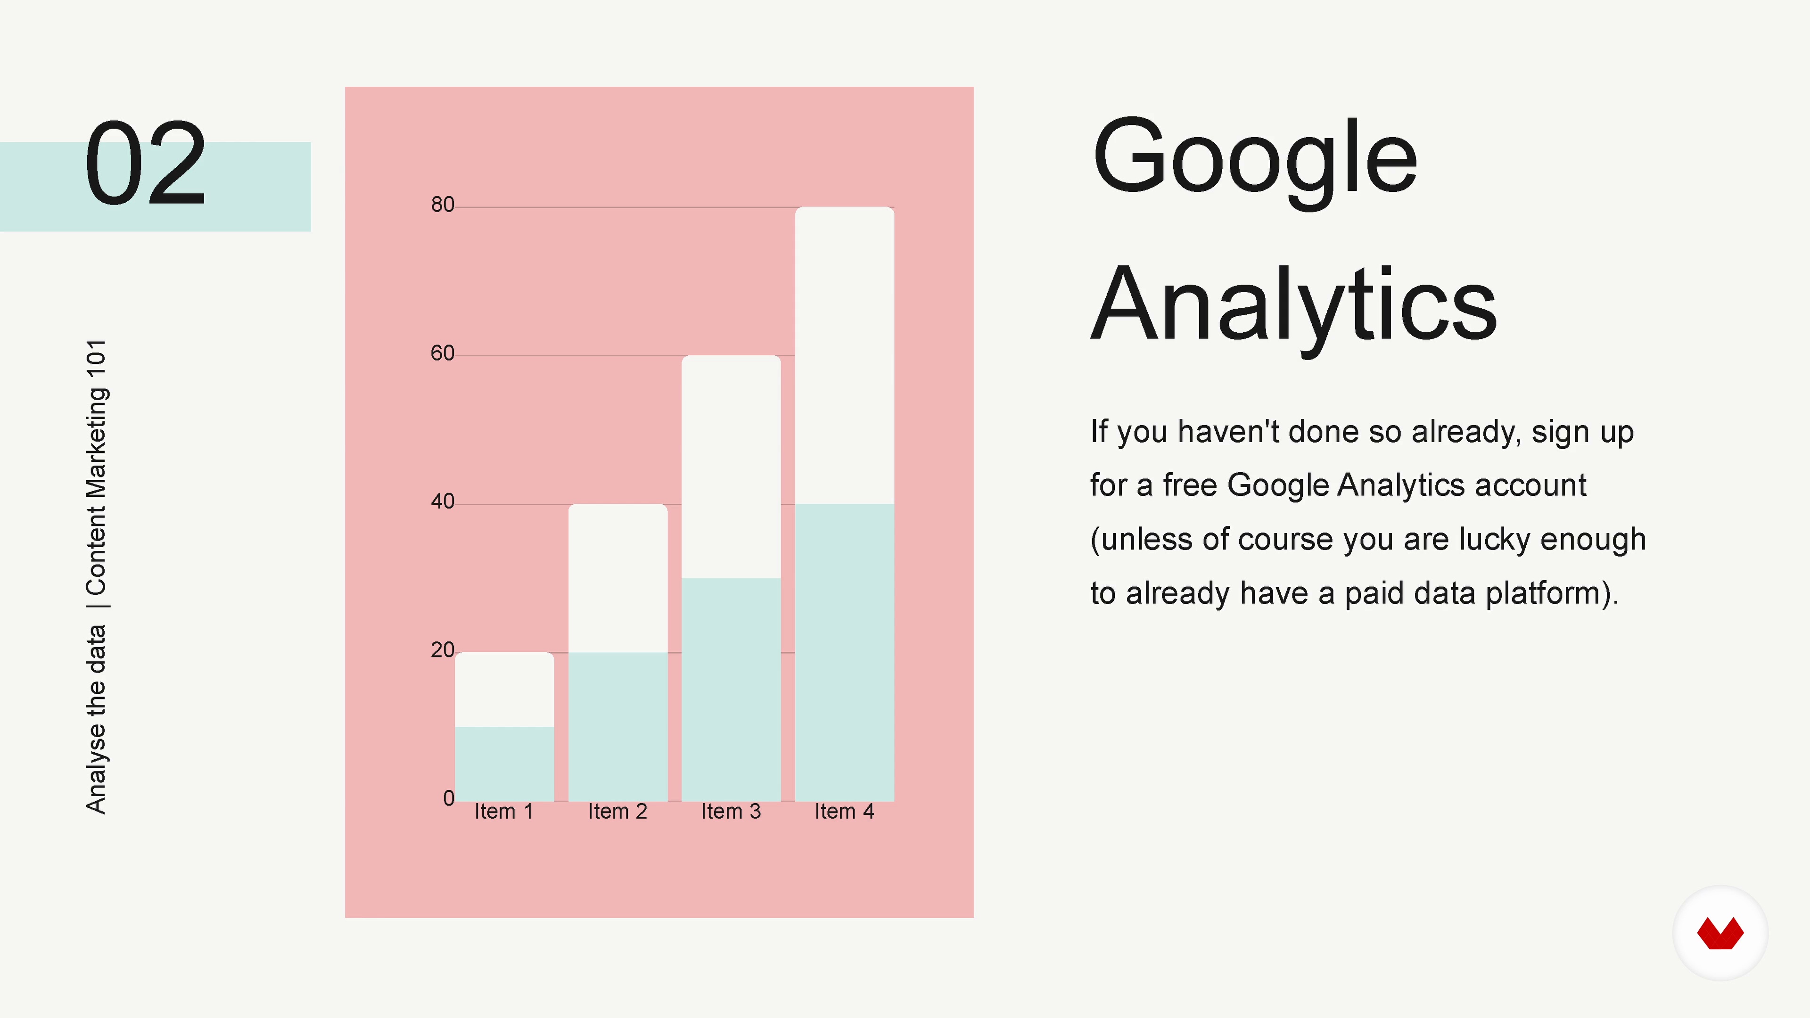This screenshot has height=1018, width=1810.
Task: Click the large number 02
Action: point(146,163)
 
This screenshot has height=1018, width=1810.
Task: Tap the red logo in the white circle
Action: point(1720,933)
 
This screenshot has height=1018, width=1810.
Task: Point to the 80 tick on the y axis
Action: point(443,205)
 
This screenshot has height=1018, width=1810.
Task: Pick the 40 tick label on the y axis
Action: point(443,501)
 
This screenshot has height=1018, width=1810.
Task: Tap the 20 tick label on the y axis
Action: point(443,650)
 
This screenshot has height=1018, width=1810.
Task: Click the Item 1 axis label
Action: point(504,812)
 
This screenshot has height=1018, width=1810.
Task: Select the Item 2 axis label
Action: point(617,812)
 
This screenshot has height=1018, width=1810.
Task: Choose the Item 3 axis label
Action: point(731,812)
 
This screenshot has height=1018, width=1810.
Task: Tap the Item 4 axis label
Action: point(845,812)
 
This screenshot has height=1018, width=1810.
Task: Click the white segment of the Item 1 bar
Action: point(504,689)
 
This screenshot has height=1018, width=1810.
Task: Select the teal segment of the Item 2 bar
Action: point(617,726)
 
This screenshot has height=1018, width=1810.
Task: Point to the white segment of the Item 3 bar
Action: point(731,467)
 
